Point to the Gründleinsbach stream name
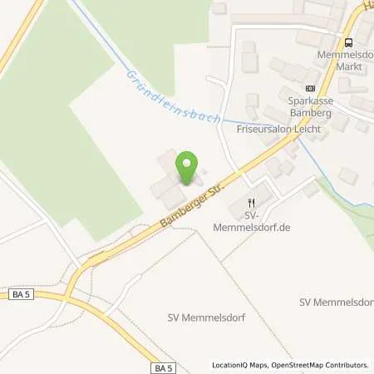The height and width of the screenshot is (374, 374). (x=174, y=98)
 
